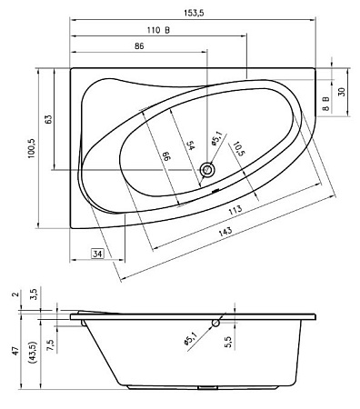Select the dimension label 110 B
pyautogui.click(x=159, y=30)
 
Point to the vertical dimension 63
pyautogui.click(x=49, y=118)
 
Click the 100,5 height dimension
pyautogui.click(x=31, y=148)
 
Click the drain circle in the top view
pyautogui.click(x=209, y=169)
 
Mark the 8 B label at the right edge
pyautogui.click(x=325, y=102)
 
